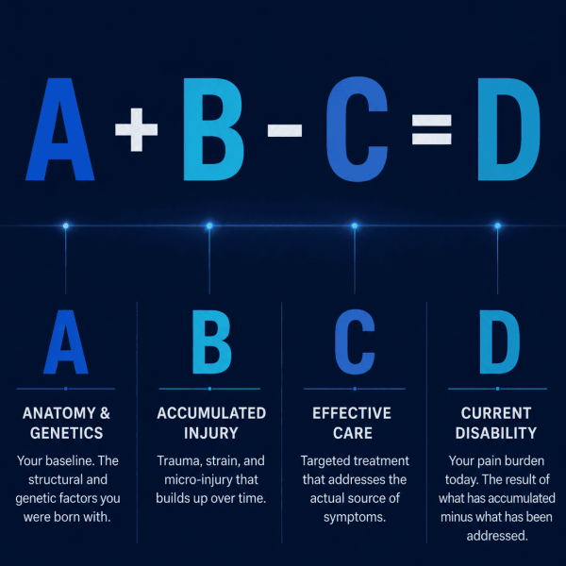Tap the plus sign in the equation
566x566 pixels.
pos(136,129)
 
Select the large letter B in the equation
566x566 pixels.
pos(213,129)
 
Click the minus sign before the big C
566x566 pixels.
pos(285,130)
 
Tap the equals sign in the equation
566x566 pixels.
pos(432,129)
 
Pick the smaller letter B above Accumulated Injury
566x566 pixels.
pos(211,341)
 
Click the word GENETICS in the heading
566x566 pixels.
pos(66,433)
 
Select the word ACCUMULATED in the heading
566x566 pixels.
pos(211,413)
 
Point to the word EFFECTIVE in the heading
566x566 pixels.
pos(352,413)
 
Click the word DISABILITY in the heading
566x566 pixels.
pos(496,433)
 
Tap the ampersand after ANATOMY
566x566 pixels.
pos(105,413)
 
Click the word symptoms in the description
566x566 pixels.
pos(355,518)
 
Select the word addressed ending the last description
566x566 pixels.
pos(497,536)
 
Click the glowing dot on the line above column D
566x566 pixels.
pos(498,226)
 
